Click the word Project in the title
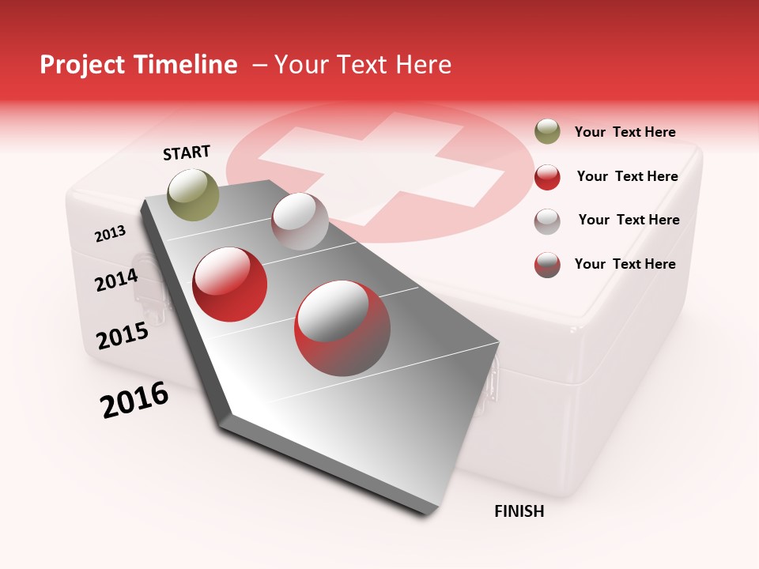pos(81,66)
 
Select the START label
pos(187,153)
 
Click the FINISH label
pos(519,511)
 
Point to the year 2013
pos(110,234)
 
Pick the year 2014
pos(116,280)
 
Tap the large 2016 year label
pos(134,400)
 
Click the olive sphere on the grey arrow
pos(194,194)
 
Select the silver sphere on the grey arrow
pos(300,221)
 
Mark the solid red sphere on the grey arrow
pos(230,284)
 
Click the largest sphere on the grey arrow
pos(342,328)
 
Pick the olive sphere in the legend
pos(547,131)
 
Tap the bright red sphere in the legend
pos(547,177)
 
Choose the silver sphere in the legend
pos(547,221)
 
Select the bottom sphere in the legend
pos(547,265)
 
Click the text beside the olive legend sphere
pos(625,133)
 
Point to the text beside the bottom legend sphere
pos(625,264)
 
